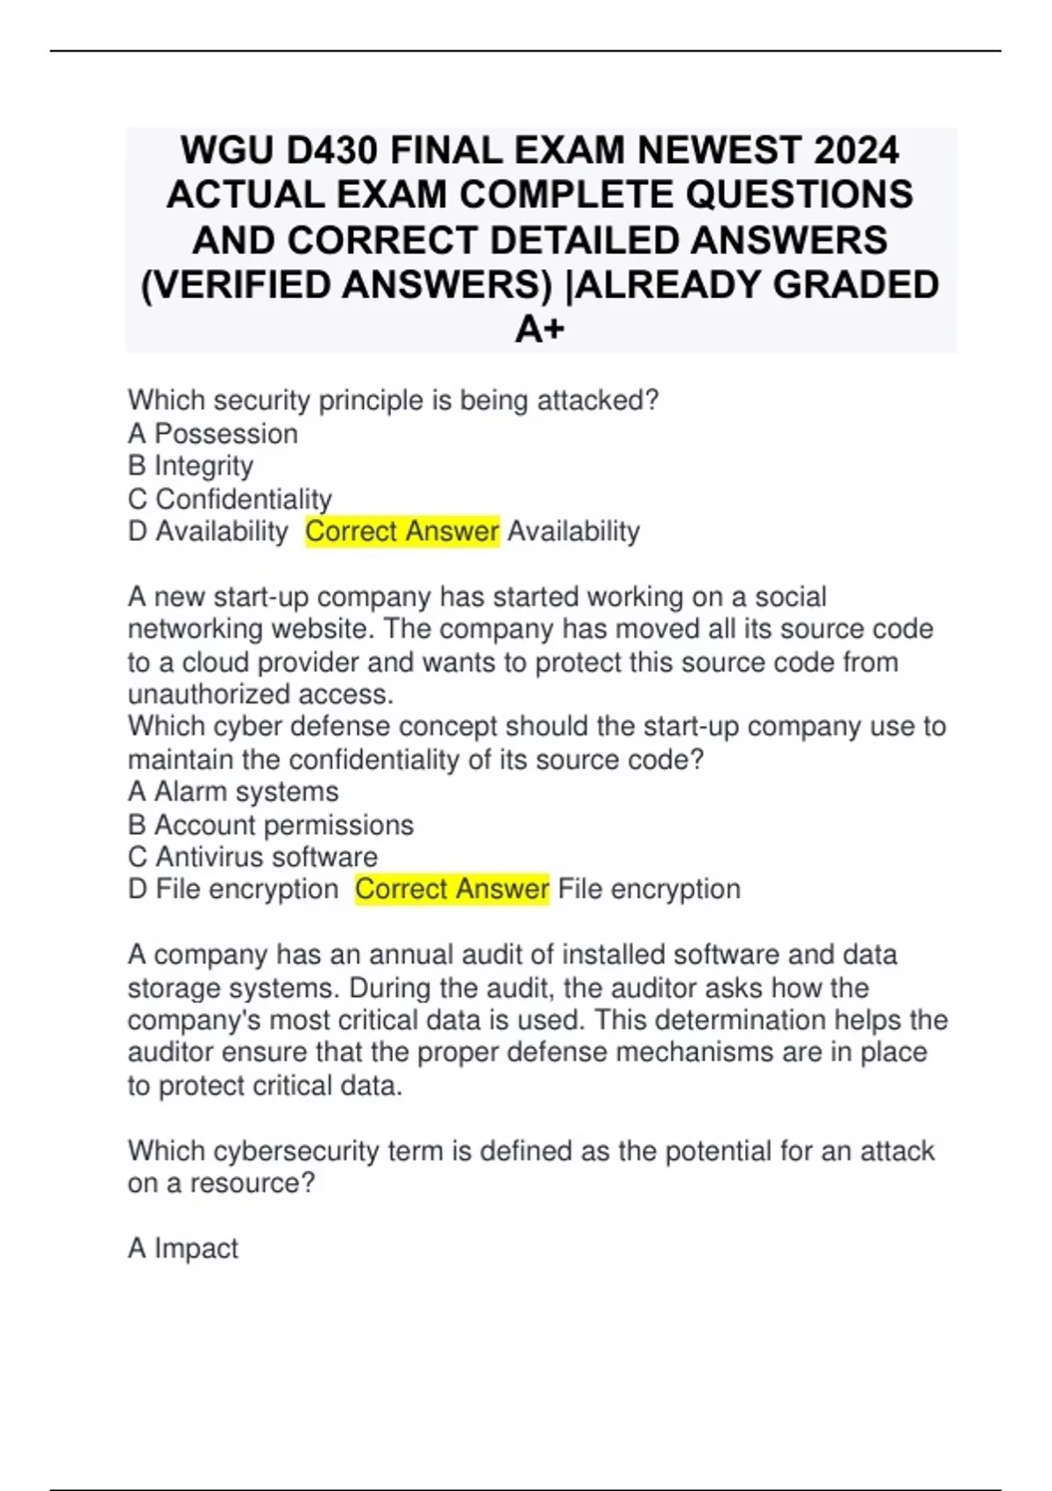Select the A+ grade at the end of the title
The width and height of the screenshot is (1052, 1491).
pyautogui.click(x=540, y=330)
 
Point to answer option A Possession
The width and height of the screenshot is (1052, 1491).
pyautogui.click(x=213, y=433)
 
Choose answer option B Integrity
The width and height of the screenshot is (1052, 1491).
pyautogui.click(x=191, y=466)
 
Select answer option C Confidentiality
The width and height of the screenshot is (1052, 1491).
pyautogui.click(x=230, y=499)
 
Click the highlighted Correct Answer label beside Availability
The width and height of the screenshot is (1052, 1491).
pyautogui.click(x=402, y=531)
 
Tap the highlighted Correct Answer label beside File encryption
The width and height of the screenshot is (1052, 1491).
pyautogui.click(x=452, y=889)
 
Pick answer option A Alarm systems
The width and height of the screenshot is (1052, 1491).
pyautogui.click(x=233, y=791)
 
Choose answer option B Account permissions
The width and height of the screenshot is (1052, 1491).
pyautogui.click(x=271, y=824)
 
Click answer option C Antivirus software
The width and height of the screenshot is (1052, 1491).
pyautogui.click(x=253, y=857)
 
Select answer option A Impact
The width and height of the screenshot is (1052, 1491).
pyautogui.click(x=183, y=1248)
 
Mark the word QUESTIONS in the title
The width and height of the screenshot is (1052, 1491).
pyautogui.click(x=799, y=195)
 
